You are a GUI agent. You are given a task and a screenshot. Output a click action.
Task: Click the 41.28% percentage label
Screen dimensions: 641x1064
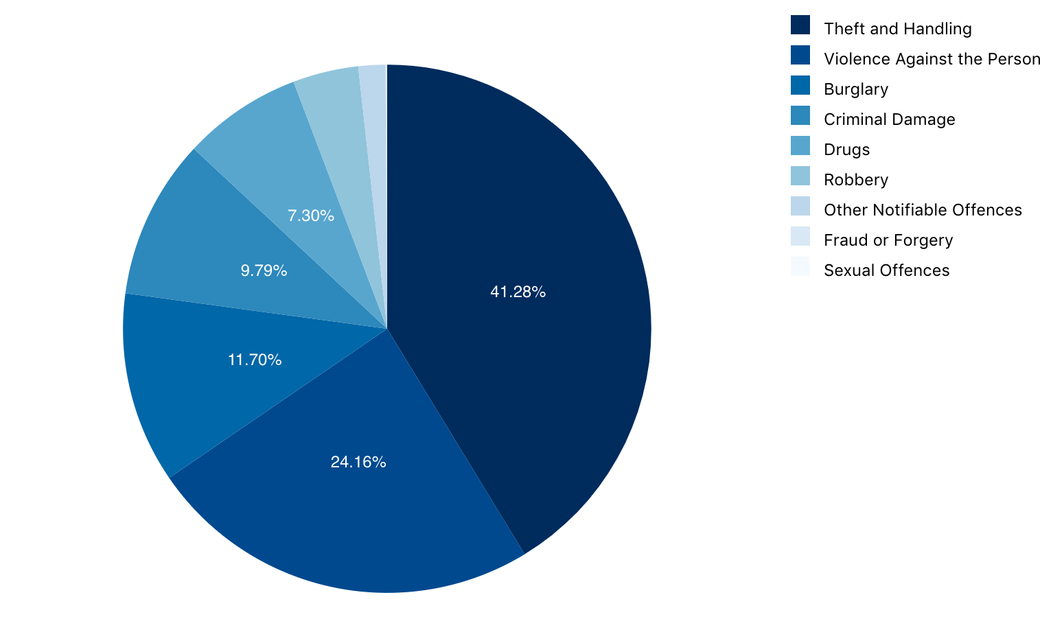tap(518, 292)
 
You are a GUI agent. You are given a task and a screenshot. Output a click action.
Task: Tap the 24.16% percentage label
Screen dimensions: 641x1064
tap(358, 463)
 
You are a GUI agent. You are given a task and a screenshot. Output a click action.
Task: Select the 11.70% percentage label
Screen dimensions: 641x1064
tap(255, 360)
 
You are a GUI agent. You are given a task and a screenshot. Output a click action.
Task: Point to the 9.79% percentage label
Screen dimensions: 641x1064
tap(264, 271)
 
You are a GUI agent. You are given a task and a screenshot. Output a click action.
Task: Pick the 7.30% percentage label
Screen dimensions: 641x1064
tap(311, 216)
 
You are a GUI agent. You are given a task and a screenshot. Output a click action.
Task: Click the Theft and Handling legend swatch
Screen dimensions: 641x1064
tap(800, 25)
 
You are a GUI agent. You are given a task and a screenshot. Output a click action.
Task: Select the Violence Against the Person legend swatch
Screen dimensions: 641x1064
tap(800, 56)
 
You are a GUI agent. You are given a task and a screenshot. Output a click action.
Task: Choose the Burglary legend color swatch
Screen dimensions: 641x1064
tap(800, 86)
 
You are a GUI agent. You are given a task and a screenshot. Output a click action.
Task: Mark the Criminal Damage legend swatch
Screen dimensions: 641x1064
tap(800, 116)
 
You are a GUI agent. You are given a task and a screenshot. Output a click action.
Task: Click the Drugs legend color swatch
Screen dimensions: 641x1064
tap(800, 146)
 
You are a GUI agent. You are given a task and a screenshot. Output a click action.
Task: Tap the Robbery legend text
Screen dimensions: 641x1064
tap(856, 180)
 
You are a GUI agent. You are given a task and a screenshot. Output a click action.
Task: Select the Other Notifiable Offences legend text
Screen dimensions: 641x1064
tap(923, 210)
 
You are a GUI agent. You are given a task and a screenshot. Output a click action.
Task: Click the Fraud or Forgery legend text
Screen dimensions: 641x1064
tap(888, 240)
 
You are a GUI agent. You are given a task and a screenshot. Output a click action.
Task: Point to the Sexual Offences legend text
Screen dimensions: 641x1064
tap(886, 270)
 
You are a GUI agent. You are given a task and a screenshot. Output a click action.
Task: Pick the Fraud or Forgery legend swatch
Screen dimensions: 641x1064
tap(800, 237)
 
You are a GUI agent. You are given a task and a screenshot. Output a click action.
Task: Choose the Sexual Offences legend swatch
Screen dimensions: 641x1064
tap(800, 267)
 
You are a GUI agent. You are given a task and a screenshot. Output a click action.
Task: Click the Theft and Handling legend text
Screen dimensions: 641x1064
tap(897, 29)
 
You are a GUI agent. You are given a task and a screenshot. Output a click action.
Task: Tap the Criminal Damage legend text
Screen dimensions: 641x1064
tap(889, 119)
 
